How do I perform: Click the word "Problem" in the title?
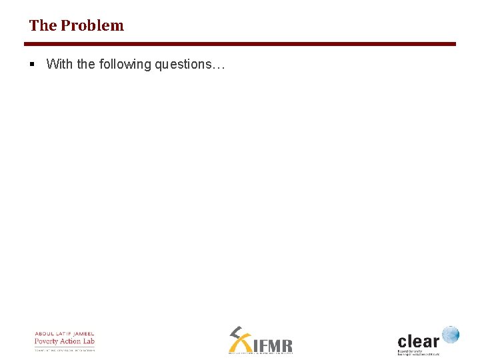[x=92, y=25]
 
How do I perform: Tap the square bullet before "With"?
[x=32, y=64]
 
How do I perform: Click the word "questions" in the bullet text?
[x=184, y=65]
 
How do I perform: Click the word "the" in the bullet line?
[x=86, y=64]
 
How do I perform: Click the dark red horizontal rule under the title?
[x=240, y=44]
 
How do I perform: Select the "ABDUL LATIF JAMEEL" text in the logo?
[x=65, y=333]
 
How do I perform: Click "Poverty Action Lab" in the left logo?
[x=65, y=341]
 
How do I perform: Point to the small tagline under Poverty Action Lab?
[x=65, y=349]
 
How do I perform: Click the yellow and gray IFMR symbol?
[x=238, y=338]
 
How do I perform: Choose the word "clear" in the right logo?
[x=418, y=339]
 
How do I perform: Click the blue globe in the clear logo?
[x=451, y=334]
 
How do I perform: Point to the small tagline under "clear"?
[x=419, y=352]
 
